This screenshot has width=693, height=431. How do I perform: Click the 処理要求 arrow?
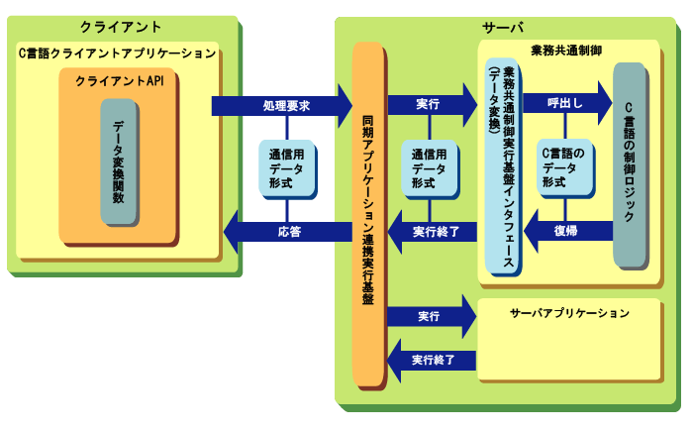tap(281, 103)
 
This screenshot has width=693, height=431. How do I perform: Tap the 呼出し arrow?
tap(564, 103)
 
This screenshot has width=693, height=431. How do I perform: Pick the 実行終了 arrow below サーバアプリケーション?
tap(432, 359)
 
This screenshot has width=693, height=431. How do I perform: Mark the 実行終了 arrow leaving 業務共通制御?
tap(432, 232)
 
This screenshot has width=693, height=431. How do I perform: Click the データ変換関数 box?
tap(118, 162)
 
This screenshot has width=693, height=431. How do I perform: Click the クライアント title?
tap(120, 27)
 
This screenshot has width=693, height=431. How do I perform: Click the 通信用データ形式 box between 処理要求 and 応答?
tap(287, 169)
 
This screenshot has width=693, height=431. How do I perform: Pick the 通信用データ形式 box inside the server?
tap(430, 169)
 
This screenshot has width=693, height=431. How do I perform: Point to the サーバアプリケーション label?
tap(570, 313)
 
